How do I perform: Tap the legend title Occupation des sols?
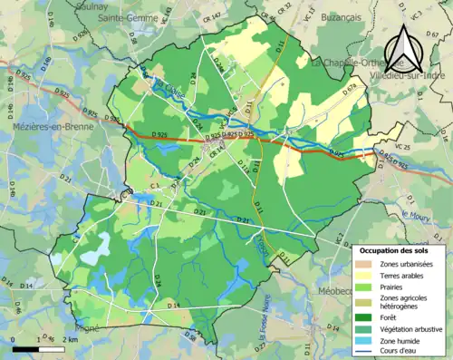pyautogui.click(x=399, y=249)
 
